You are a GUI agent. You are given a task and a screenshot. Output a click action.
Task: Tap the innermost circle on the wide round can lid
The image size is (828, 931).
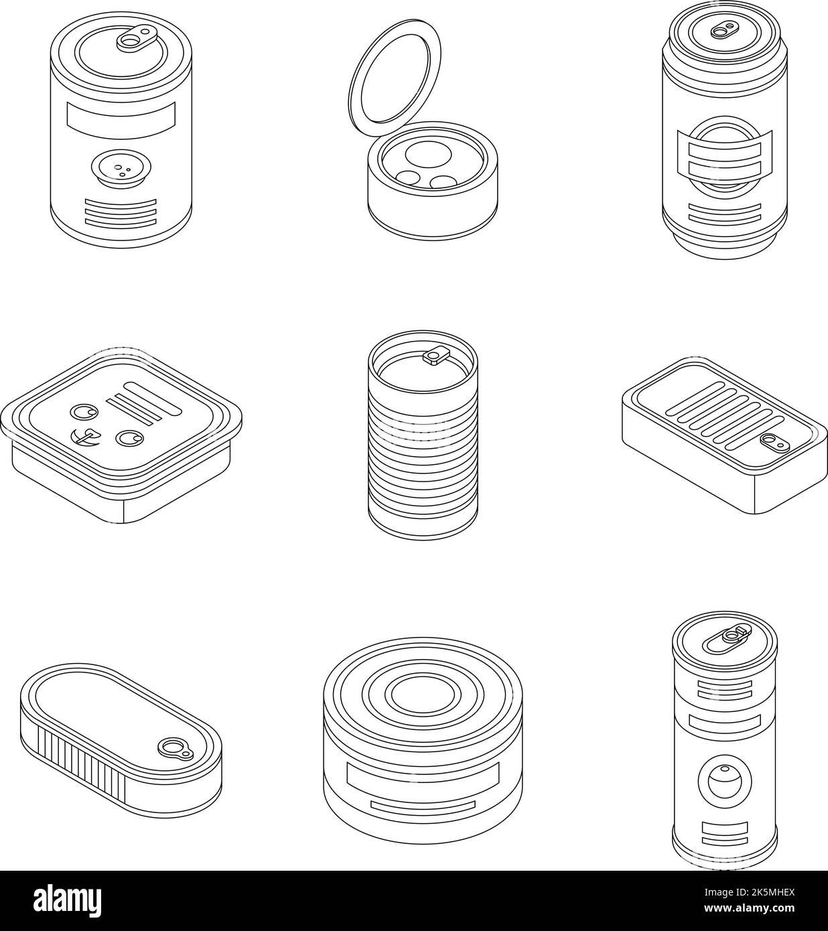tap(413, 695)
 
